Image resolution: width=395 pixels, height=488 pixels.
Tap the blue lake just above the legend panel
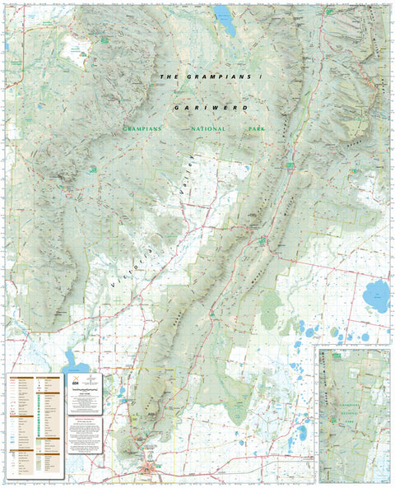coord(76,362)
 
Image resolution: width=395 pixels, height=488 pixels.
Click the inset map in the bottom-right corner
coord(354,415)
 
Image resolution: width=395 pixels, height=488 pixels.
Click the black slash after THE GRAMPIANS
coord(258,77)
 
